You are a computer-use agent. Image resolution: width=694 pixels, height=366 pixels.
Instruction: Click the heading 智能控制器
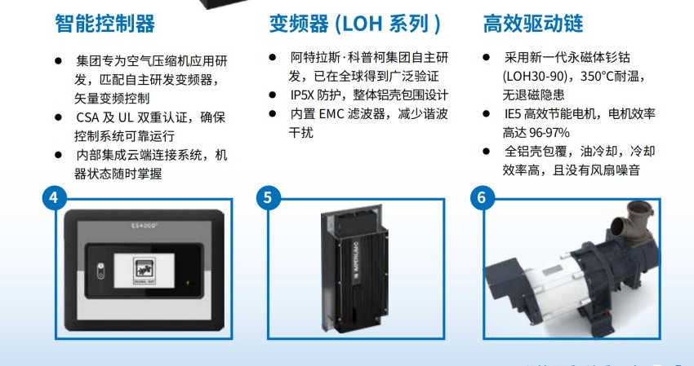coord(105,24)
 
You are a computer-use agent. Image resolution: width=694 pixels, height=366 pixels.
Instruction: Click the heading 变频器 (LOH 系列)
coord(355,24)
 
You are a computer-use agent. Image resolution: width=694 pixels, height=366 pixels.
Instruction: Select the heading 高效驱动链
coord(533,24)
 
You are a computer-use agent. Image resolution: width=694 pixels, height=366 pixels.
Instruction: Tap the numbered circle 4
coord(54,197)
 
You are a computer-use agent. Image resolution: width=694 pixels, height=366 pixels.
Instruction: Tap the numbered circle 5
coord(268,197)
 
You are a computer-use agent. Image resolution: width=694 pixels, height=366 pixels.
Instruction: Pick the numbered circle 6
coord(482,197)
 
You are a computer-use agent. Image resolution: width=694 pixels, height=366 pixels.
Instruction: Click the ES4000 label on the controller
coord(145,226)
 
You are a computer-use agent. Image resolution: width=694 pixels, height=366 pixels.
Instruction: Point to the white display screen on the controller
coord(144,270)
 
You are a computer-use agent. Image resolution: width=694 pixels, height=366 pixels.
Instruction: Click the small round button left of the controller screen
coord(101,271)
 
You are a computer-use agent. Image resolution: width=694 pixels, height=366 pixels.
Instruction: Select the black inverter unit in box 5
coord(354,269)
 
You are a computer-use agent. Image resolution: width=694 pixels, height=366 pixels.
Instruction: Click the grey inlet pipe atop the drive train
coord(632,224)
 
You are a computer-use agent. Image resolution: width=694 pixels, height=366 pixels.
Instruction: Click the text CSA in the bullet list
coord(87,117)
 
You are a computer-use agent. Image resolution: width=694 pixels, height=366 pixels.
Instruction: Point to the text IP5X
coord(301,95)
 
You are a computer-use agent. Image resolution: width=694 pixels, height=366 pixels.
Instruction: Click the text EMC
coord(331,114)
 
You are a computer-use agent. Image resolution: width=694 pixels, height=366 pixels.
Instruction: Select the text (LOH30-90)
coord(535,77)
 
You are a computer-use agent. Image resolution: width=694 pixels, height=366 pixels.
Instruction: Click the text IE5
coord(513,114)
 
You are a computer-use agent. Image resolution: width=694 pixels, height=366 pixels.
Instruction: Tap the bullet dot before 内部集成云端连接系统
coord(58,155)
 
